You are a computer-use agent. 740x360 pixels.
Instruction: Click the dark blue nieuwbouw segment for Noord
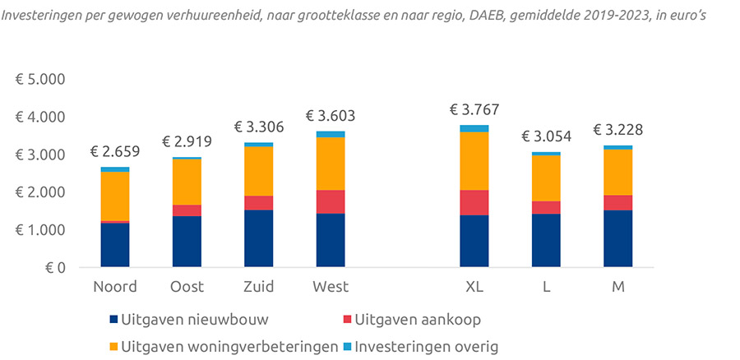(x=114, y=245)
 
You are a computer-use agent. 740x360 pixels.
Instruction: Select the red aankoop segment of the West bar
(x=331, y=201)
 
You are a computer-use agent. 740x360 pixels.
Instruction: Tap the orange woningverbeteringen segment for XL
(x=474, y=161)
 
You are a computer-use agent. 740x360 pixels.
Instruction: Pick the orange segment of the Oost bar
(x=187, y=182)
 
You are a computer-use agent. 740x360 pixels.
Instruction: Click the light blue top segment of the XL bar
(x=474, y=128)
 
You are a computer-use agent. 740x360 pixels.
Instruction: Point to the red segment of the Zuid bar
(x=258, y=203)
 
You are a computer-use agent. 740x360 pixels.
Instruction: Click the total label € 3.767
(x=474, y=109)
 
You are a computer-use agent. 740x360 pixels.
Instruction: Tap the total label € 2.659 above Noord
(x=114, y=151)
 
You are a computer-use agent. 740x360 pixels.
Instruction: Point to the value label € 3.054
(x=546, y=136)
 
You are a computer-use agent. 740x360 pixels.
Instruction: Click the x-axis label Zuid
(x=258, y=287)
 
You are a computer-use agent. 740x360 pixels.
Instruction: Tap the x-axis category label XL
(x=474, y=287)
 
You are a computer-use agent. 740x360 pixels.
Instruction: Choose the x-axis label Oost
(x=187, y=287)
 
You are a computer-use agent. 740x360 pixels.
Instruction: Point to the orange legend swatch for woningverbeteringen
(x=113, y=347)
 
